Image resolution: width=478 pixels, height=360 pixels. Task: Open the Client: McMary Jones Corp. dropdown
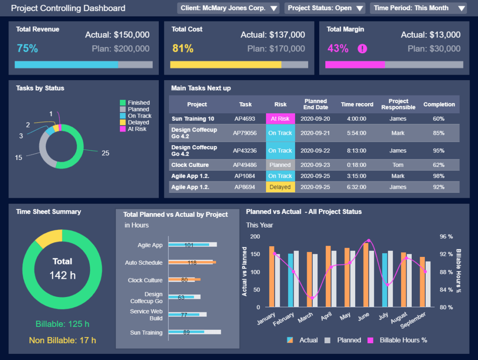[228, 8]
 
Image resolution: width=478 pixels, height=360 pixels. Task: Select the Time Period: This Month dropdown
[418, 8]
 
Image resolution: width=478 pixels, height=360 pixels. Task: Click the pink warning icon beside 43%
[362, 48]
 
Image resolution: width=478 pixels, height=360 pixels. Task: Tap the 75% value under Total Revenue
[27, 48]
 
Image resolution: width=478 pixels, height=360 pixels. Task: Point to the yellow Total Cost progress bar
[225, 65]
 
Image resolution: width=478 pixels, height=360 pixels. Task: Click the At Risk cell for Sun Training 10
[280, 119]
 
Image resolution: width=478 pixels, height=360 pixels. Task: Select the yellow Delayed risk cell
[280, 187]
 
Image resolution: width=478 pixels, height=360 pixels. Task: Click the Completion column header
[439, 104]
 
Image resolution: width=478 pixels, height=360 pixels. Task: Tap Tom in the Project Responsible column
[398, 165]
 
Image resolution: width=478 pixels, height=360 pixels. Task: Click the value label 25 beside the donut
[105, 153]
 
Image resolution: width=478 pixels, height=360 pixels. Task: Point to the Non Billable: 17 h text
[63, 340]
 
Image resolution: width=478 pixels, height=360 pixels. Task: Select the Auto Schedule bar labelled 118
[192, 263]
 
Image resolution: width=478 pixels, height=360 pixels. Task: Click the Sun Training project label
[147, 332]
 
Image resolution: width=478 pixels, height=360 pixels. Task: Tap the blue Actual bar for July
[385, 280]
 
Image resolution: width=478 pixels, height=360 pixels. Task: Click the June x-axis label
[364, 317]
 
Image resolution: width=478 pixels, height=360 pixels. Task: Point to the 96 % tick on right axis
[446, 236]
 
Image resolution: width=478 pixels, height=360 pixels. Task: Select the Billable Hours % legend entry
[398, 340]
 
